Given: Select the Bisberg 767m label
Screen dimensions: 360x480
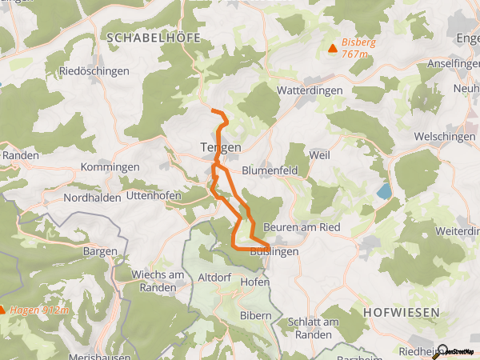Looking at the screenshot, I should [359, 48].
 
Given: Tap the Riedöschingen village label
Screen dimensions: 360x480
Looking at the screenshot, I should [94, 71].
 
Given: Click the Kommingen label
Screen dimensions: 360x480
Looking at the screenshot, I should [110, 167].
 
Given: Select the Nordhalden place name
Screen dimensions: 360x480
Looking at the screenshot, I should [92, 197].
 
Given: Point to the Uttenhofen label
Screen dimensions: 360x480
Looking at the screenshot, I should [154, 196].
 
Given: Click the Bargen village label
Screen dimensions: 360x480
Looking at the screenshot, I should [100, 250].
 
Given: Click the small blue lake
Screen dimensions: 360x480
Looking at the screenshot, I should [386, 191].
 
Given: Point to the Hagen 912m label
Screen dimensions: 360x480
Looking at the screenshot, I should [38, 310].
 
